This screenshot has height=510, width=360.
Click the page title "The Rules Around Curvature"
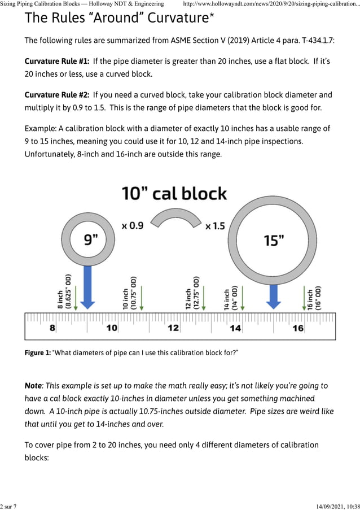point(119,18)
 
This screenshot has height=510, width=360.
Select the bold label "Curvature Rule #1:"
point(56,61)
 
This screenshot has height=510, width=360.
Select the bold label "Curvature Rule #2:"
point(56,95)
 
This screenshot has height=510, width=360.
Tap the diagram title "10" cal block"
point(174,194)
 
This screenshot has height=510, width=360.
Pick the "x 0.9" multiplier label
point(133,225)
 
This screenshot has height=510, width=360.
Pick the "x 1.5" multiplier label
point(215,226)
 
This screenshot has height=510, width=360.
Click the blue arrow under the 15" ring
point(274,297)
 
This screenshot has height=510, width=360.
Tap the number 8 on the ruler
point(52,328)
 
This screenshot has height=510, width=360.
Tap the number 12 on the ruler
point(173,328)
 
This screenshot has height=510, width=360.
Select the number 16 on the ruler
point(297,328)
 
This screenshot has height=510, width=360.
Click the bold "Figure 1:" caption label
point(37,353)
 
